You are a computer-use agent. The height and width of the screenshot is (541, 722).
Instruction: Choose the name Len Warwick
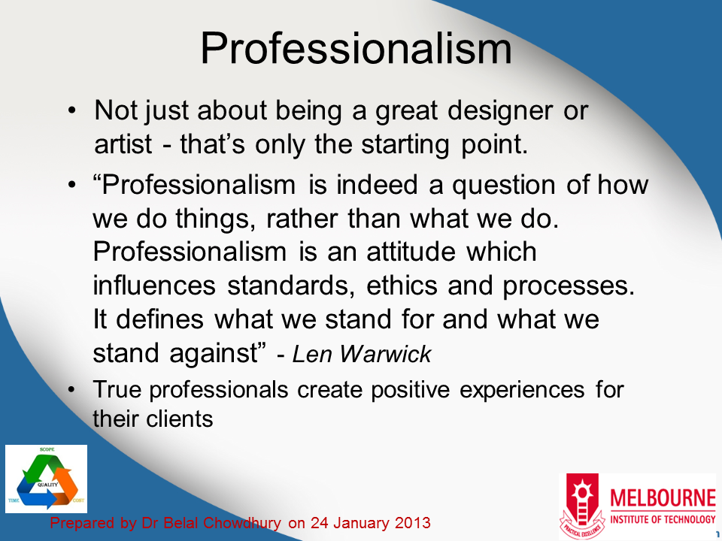tap(362, 355)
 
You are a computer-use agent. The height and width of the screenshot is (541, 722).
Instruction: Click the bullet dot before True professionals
tap(71, 391)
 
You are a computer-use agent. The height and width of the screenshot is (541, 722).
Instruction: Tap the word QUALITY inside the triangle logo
tap(47, 485)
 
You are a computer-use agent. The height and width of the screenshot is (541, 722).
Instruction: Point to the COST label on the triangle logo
tap(77, 501)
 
